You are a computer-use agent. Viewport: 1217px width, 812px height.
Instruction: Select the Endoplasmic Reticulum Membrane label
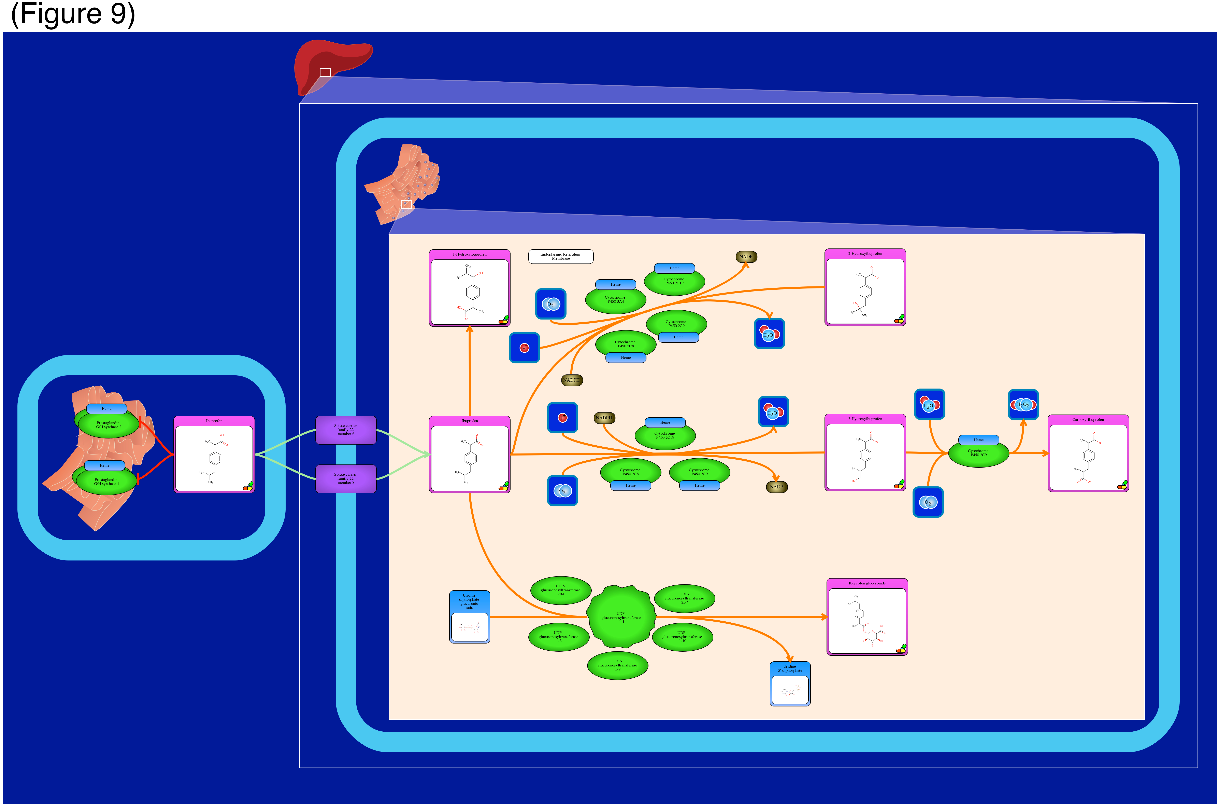[560, 256]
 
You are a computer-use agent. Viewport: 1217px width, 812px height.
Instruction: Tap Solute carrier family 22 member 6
[346, 430]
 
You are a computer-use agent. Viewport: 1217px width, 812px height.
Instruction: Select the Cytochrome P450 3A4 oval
[615, 300]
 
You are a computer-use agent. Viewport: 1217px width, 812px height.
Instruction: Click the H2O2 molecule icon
[1023, 404]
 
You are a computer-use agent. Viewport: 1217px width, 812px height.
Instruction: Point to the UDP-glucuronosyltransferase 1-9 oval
[617, 665]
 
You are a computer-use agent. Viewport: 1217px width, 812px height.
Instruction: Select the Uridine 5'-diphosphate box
[790, 684]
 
